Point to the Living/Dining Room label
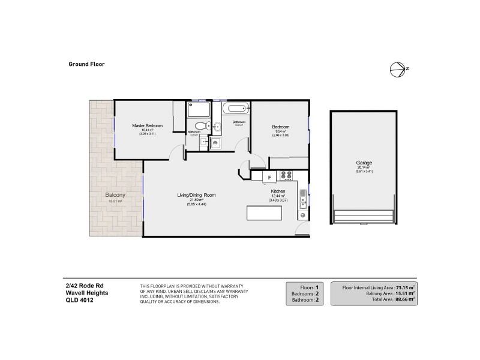tap(196, 196)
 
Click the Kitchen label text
tap(278, 191)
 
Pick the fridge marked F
tap(269, 176)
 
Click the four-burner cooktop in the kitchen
tap(287, 176)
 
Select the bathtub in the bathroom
tap(236, 109)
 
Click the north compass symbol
tap(397, 69)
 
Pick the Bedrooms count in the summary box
tap(307, 294)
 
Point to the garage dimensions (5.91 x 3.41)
tap(364, 172)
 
